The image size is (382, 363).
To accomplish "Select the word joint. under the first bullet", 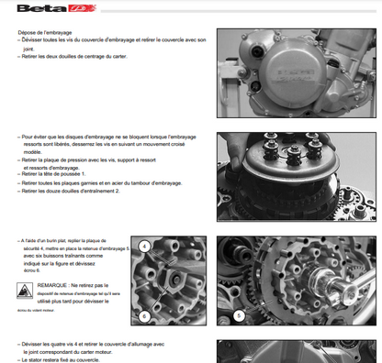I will coord(28,49).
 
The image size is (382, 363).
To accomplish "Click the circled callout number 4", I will coord(144,246).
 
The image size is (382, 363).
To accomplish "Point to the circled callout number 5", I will coord(239,313).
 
